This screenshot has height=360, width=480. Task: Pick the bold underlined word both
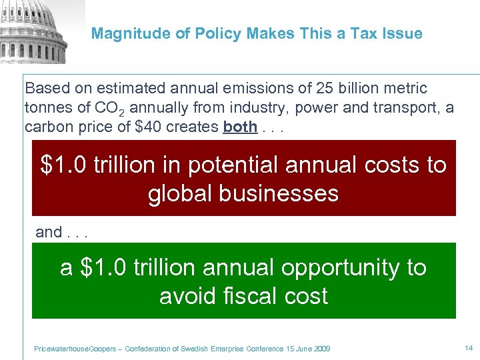point(240,127)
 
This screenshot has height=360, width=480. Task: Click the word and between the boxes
point(49,232)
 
